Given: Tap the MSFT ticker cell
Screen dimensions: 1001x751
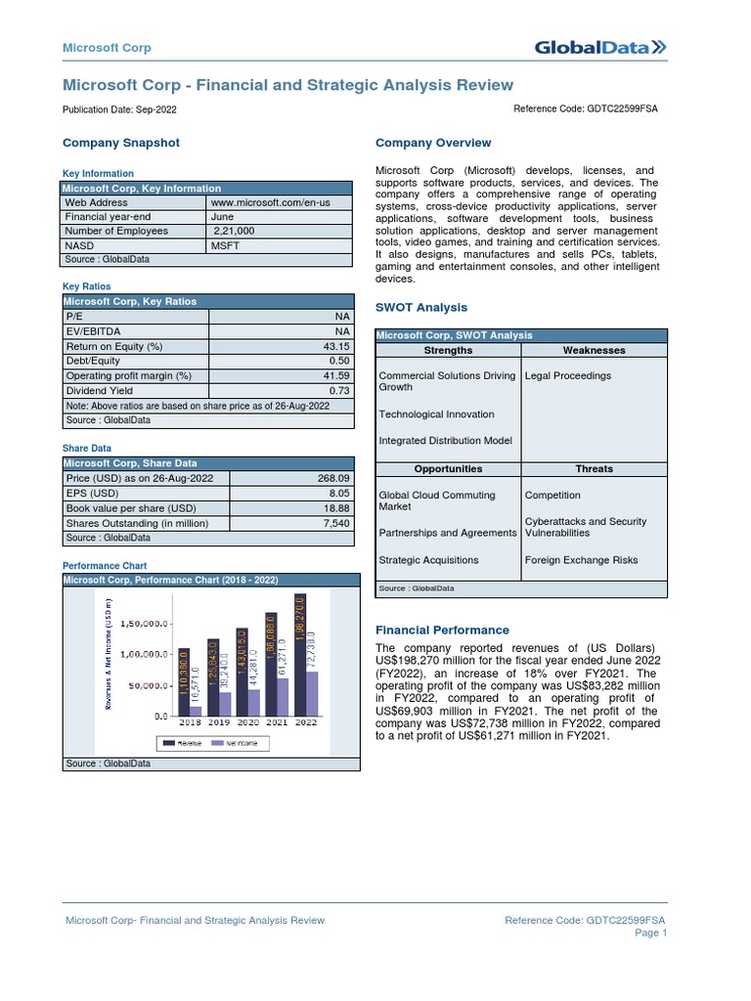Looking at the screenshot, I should pos(225,245).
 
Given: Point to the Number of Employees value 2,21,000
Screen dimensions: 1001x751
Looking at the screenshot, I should pos(235,231).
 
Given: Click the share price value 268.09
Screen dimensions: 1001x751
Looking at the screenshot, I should pos(333,478).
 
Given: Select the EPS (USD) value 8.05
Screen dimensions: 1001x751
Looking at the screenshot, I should pos(337,494).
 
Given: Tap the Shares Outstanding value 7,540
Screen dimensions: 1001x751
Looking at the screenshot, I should pos(335,523).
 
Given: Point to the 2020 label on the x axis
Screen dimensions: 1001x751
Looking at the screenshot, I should pos(248,723).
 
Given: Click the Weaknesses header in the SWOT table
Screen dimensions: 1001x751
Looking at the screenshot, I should pos(594,350).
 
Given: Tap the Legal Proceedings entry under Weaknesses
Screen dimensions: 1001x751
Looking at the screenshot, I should pos(567,375).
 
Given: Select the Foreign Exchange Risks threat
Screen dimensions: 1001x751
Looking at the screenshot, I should pos(581,560).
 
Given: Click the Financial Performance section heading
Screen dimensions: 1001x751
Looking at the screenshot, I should pos(442,631).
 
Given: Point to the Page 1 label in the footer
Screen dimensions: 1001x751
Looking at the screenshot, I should pos(650,933).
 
